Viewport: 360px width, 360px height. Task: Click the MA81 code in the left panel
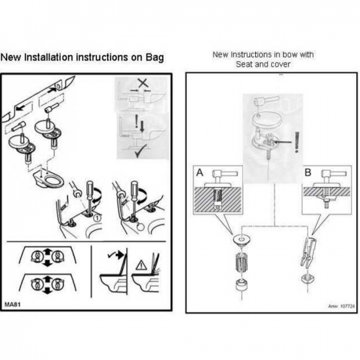tap(12, 305)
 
